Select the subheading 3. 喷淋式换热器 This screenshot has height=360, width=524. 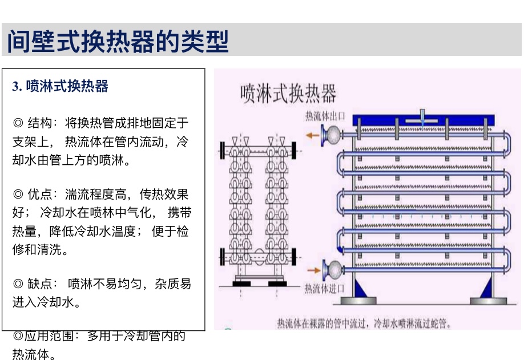(x=61, y=86)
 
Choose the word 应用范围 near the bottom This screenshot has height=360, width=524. (x=49, y=336)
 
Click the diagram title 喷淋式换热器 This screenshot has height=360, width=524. (x=288, y=93)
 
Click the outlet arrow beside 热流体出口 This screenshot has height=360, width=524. (x=312, y=135)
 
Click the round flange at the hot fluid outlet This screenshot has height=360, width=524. (x=330, y=135)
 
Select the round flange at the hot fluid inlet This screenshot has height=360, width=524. (x=330, y=268)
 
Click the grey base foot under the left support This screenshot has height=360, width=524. (x=358, y=301)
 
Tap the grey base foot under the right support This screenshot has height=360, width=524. (x=487, y=301)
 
